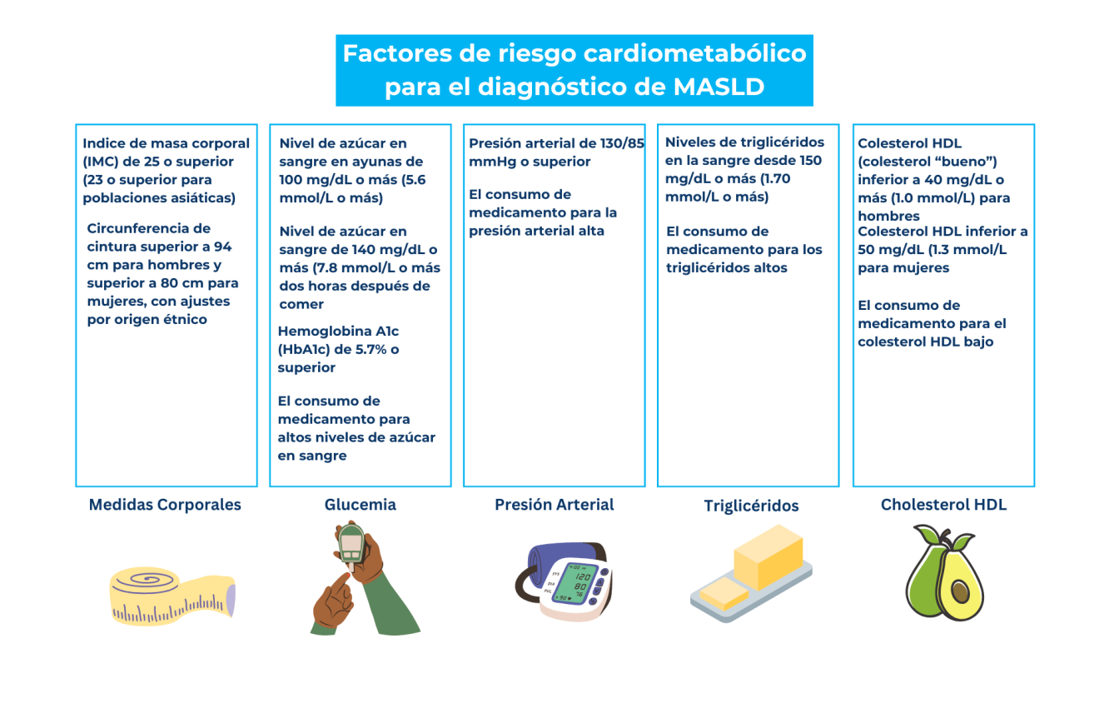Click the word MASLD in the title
(x=719, y=87)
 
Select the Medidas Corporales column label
(x=165, y=505)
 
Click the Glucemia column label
(x=360, y=505)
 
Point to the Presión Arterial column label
(x=554, y=505)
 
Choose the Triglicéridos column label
(x=751, y=506)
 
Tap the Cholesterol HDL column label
(x=943, y=505)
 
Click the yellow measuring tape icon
(x=172, y=596)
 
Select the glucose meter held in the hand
(x=351, y=545)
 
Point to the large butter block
(x=768, y=556)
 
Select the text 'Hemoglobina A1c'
(x=338, y=331)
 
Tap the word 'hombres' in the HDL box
(x=888, y=216)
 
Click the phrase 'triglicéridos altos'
(x=727, y=267)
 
